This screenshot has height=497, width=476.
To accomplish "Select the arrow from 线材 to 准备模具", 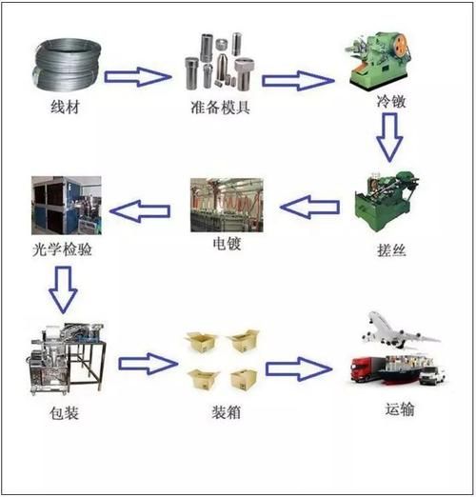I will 135,76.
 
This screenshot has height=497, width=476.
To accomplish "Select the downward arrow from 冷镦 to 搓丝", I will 389,136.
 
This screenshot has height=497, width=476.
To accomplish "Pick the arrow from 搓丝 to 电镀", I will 312,203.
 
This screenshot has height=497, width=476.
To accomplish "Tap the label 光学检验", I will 60,252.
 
